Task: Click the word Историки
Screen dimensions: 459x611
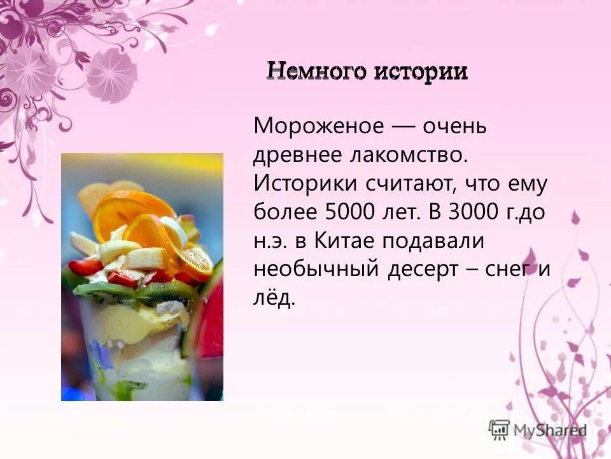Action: coord(305,184)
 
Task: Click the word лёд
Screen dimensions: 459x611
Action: coord(274,297)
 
